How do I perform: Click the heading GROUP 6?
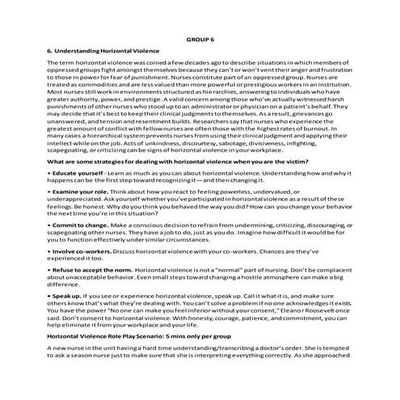(200, 37)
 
